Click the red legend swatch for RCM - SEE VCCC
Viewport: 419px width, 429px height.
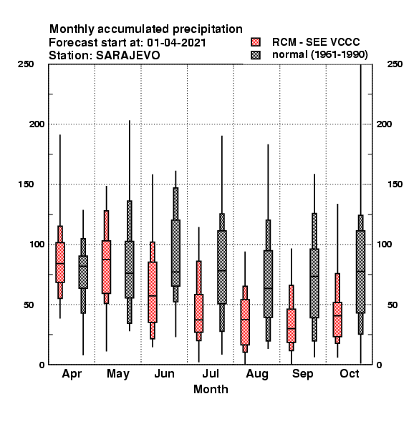point(256,42)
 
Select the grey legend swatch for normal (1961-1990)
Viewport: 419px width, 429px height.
point(256,55)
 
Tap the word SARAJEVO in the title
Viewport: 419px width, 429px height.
point(127,56)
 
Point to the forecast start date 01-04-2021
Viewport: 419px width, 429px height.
point(176,43)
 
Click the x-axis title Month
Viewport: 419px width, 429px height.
point(211,389)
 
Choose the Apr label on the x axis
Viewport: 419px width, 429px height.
point(72,374)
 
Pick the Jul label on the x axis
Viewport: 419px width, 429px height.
point(211,373)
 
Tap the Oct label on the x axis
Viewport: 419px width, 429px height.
point(350,373)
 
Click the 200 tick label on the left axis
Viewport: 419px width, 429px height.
point(37,124)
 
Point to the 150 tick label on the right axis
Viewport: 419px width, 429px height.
point(395,184)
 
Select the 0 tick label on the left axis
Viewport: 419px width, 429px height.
point(42,365)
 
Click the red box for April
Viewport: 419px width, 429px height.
point(60,262)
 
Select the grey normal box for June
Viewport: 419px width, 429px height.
point(175,253)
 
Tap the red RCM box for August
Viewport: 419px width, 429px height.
point(245,322)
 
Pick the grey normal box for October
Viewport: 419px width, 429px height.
point(361,272)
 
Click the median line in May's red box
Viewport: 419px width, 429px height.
point(106,260)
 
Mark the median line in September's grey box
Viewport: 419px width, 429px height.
point(314,276)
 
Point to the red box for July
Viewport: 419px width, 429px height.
point(198,313)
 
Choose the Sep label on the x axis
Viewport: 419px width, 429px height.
point(303,374)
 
